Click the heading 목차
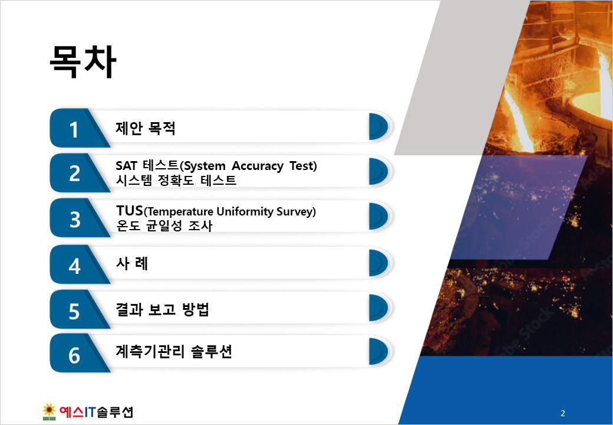(x=83, y=62)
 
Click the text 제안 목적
(x=146, y=128)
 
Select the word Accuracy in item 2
(x=257, y=166)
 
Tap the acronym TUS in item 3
(x=130, y=211)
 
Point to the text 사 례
(x=132, y=263)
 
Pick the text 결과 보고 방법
(x=162, y=309)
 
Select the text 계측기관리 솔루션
(x=173, y=351)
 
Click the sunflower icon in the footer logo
(x=49, y=411)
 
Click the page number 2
(x=562, y=413)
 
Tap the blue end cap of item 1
(x=378, y=127)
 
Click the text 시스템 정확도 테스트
(x=176, y=181)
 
